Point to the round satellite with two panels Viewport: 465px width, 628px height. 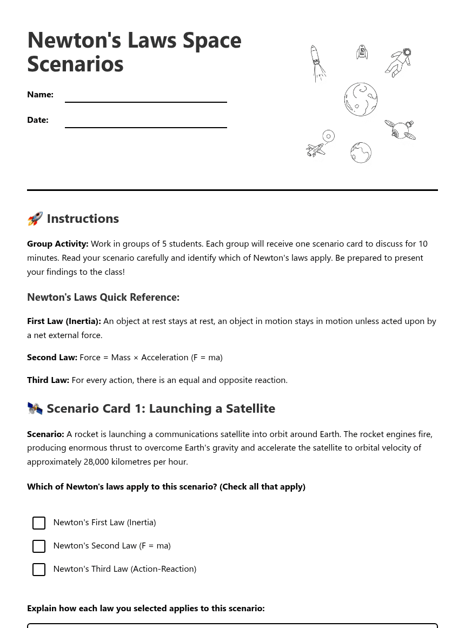(x=400, y=130)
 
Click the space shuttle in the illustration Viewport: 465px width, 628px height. (x=316, y=150)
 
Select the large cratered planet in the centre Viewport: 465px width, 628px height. (x=361, y=100)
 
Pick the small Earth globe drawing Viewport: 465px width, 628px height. (x=361, y=153)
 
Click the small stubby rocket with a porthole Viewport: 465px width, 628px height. (x=362, y=52)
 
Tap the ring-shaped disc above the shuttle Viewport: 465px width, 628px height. (x=328, y=136)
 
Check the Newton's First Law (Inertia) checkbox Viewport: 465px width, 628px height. (x=39, y=523)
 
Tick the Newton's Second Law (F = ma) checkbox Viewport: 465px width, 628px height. (x=39, y=546)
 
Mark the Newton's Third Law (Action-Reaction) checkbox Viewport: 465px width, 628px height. (x=39, y=570)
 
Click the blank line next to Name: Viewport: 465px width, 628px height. (x=146, y=97)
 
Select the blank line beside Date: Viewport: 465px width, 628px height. (x=146, y=123)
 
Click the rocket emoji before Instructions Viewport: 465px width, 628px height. (x=35, y=219)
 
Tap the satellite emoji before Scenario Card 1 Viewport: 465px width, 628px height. (x=35, y=408)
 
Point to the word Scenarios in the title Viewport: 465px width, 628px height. (x=75, y=64)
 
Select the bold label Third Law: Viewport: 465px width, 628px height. (x=48, y=380)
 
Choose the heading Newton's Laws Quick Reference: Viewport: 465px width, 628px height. (x=103, y=297)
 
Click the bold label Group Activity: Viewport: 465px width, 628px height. (x=58, y=244)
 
